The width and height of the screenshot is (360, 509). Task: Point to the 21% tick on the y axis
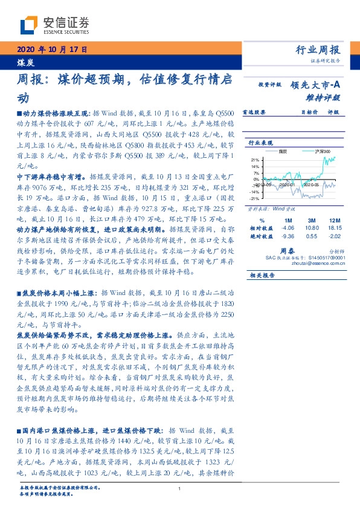(x=256, y=160)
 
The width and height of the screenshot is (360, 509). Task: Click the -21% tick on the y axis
(x=254, y=198)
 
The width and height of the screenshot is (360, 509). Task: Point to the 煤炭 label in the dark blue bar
(x=25, y=61)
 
